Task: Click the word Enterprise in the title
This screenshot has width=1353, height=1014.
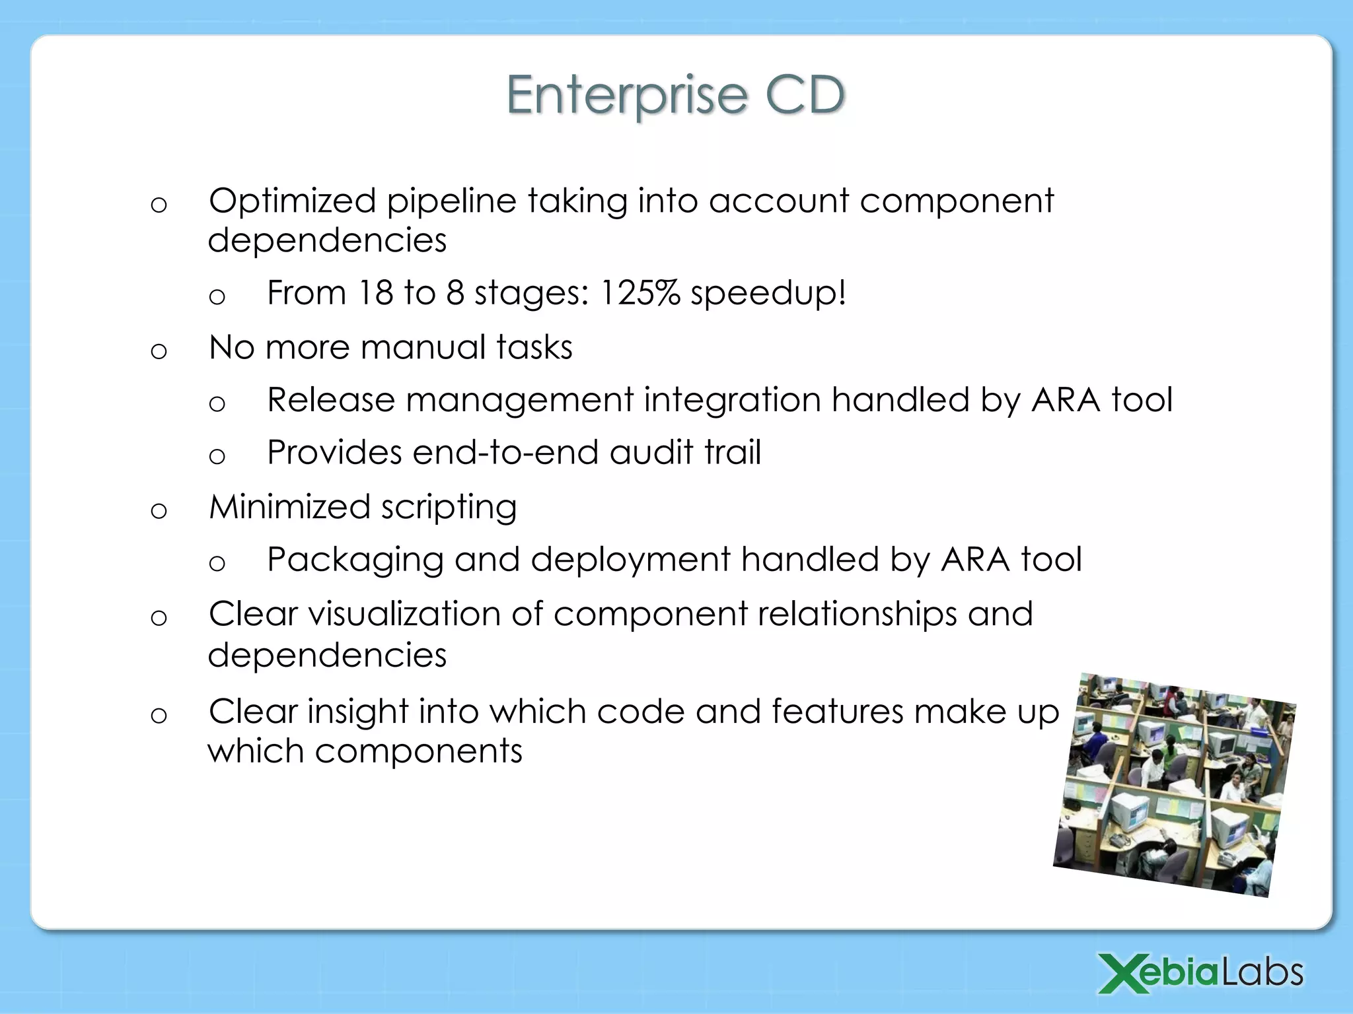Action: tap(626, 96)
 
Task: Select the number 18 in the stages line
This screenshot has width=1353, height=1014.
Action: tap(375, 292)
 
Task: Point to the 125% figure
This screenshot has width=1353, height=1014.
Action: tap(640, 292)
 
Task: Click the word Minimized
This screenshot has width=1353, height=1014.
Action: tap(289, 507)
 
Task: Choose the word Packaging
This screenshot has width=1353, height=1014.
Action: tap(355, 560)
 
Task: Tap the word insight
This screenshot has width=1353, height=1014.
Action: tap(357, 712)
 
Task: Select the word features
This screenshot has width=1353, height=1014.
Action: tap(837, 712)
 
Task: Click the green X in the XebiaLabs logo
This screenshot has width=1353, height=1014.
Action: tap(1121, 973)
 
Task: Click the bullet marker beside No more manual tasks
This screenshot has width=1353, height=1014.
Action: tap(159, 351)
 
